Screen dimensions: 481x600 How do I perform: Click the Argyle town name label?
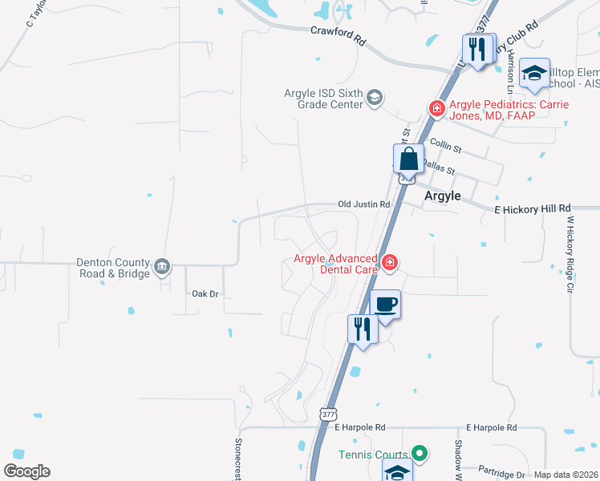442,196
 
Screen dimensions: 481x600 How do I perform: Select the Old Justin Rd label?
363,204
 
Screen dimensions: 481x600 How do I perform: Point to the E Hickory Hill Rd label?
532,208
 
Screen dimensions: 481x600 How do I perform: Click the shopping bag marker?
408,160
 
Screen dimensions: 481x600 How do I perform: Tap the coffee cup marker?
386,305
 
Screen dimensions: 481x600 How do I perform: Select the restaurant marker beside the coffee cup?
363,329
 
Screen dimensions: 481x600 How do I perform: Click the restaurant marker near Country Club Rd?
479,50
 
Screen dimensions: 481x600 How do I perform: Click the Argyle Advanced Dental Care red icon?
390,262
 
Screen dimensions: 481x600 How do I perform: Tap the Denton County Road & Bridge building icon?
162,266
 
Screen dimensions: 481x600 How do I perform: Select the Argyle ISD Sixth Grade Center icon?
373,98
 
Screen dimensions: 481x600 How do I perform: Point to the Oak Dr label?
205,294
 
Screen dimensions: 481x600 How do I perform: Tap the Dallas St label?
438,170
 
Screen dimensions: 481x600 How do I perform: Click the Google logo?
26,471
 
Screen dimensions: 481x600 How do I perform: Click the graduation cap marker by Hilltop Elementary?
533,75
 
